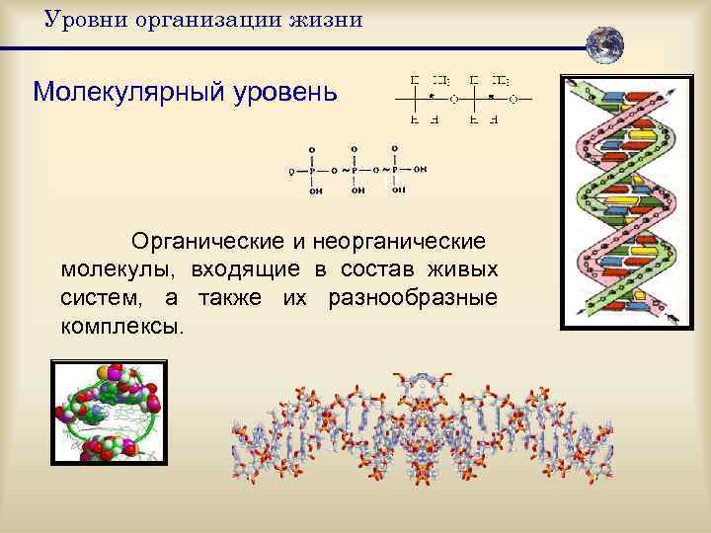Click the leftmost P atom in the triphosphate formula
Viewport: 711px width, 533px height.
312,170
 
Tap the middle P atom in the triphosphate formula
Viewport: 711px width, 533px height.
354,170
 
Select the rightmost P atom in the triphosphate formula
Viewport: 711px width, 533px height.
395,170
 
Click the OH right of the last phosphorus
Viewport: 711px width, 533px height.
421,170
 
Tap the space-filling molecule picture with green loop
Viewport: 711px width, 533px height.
109,413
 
